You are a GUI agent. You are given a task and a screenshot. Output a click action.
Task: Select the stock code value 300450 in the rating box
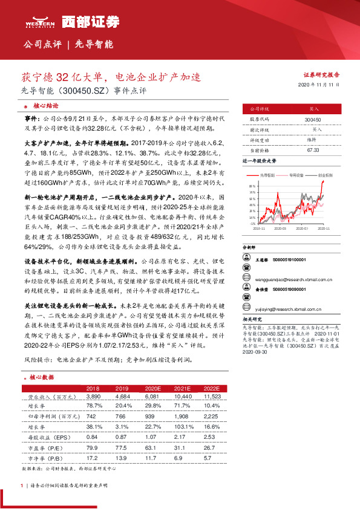pos(313,120)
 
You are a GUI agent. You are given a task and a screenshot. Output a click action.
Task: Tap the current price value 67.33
pos(313,149)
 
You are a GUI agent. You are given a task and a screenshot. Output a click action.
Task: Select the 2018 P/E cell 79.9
pos(93,447)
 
